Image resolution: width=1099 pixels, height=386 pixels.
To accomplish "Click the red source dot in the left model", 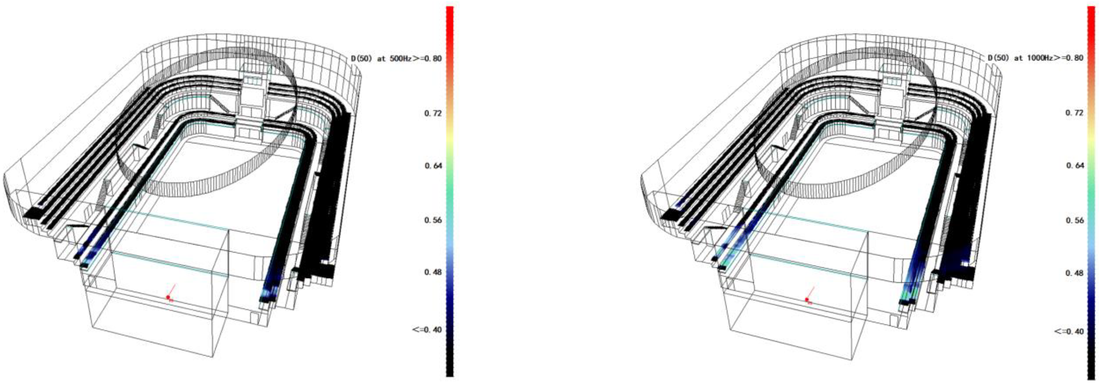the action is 168,297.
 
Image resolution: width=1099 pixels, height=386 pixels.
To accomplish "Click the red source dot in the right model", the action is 806,299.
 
